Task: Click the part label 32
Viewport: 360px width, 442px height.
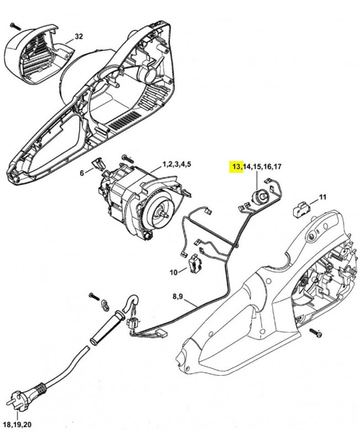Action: pos(79,36)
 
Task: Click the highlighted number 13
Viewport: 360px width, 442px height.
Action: pos(236,166)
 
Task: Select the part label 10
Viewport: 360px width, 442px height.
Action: pos(174,272)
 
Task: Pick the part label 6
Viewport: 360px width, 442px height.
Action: pos(82,172)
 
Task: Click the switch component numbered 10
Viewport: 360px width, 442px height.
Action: pos(195,265)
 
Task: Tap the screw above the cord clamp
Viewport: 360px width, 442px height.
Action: pos(92,297)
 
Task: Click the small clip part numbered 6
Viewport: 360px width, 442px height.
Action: pos(99,163)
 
